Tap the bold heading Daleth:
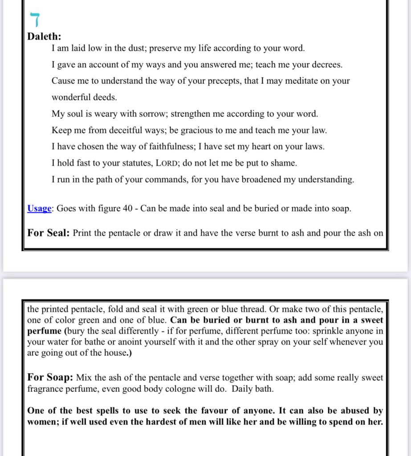pyautogui.click(x=45, y=37)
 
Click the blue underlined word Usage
pyautogui.click(x=39, y=208)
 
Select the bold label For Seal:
pyautogui.click(x=48, y=233)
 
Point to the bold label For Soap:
pyautogui.click(x=50, y=378)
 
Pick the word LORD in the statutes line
pyautogui.click(x=167, y=163)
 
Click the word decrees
pyautogui.click(x=326, y=65)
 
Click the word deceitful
pyautogui.click(x=119, y=130)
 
